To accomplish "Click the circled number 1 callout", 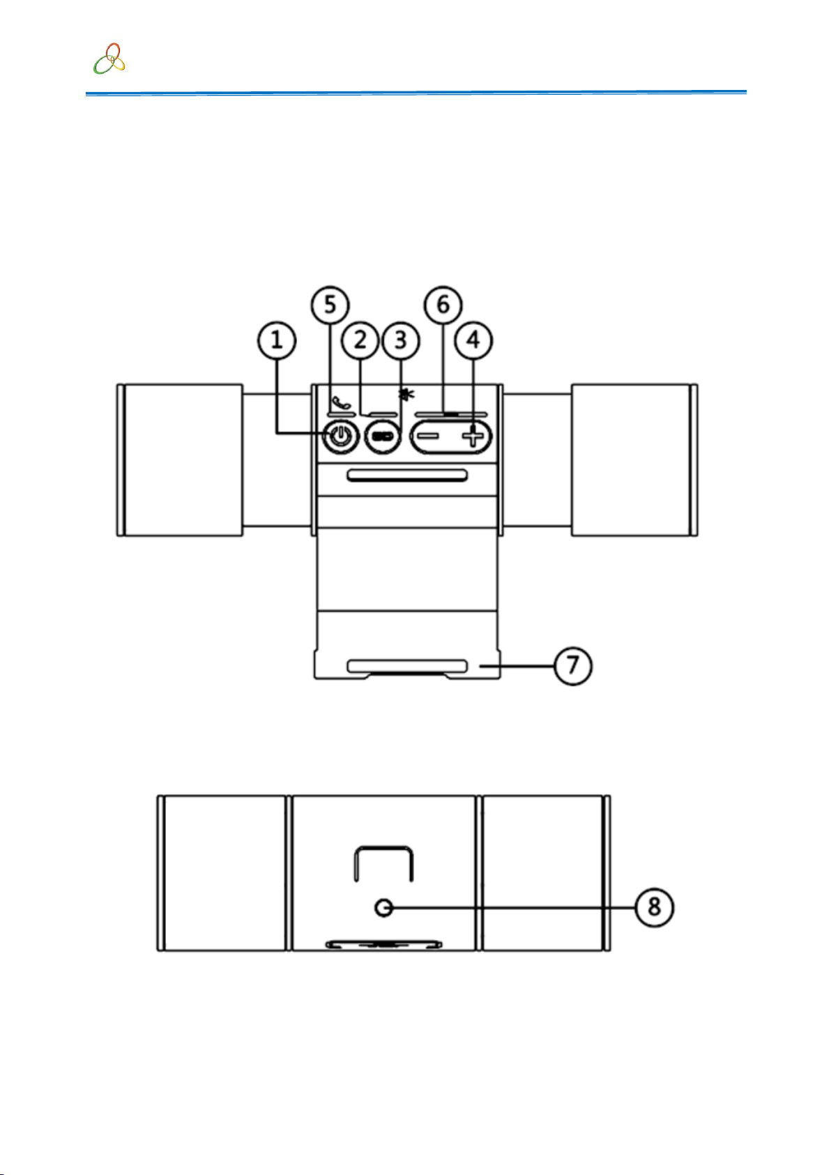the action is pos(276,340).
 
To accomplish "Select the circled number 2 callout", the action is pos(360,340).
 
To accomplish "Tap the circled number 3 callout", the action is pos(401,340).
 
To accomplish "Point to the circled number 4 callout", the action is pos(473,340).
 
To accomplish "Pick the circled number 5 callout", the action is pos(330,305).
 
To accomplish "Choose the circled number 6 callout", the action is pos(443,305).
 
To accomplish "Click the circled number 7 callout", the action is pos(573,666).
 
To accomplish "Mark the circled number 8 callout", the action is pos(655,907).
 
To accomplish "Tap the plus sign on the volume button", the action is pos(473,437).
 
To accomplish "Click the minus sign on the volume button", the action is pos(430,437).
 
